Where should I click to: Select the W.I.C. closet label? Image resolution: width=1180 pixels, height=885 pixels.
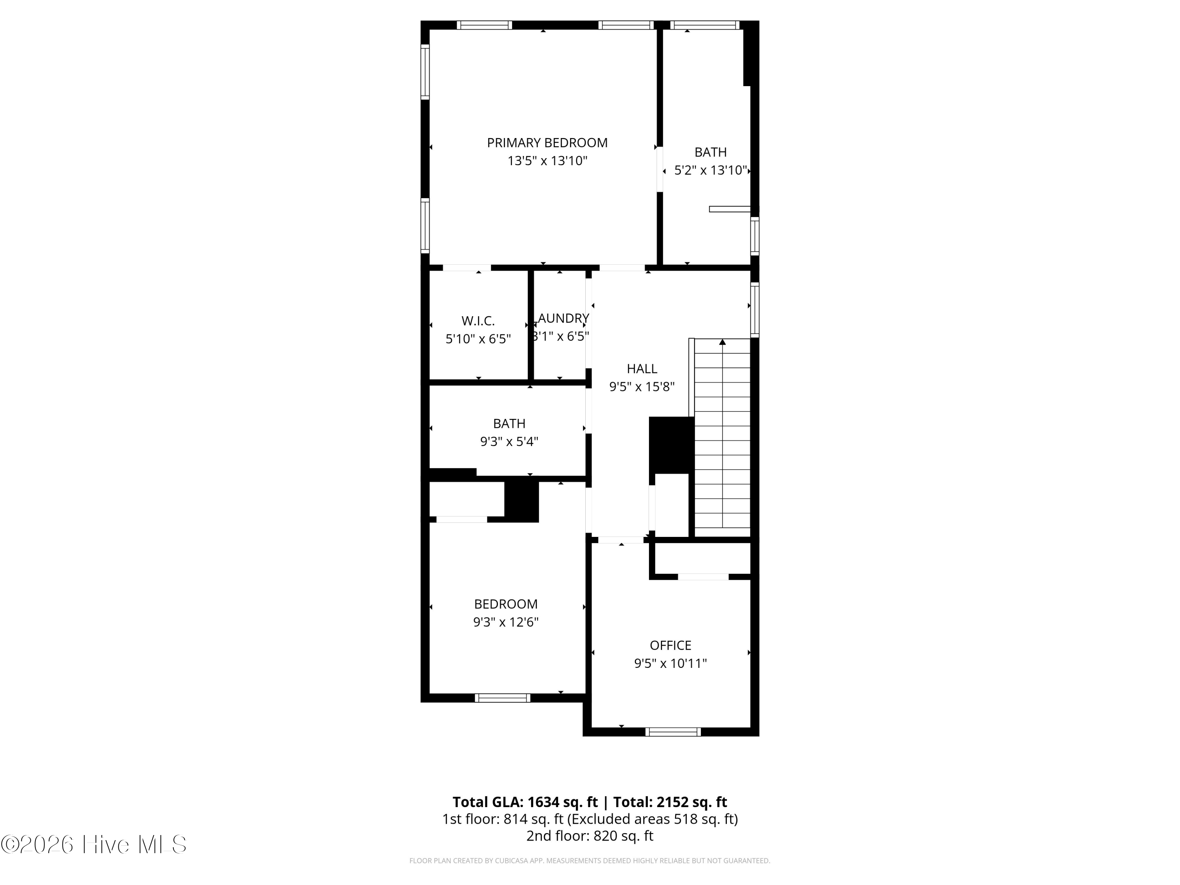(x=478, y=321)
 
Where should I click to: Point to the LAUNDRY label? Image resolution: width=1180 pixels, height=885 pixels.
(x=563, y=319)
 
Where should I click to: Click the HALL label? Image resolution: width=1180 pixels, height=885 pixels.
(x=642, y=369)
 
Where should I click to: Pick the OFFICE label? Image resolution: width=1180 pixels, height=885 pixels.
(x=671, y=645)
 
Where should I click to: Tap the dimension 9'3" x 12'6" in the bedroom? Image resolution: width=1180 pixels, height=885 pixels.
(x=506, y=622)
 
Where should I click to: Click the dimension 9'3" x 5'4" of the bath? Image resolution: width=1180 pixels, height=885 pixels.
(x=509, y=442)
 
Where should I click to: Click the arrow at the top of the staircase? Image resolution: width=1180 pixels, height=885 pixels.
(x=722, y=342)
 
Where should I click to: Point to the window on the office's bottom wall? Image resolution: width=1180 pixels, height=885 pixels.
(x=673, y=732)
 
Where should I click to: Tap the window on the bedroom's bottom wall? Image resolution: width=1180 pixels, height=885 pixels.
(x=503, y=698)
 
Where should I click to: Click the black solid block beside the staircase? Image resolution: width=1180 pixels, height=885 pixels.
(x=671, y=445)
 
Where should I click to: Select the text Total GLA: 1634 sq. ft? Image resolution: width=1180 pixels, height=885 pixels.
(x=525, y=802)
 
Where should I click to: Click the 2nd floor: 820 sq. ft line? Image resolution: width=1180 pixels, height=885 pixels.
(x=590, y=836)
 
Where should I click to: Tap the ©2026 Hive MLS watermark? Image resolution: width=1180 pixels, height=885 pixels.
(x=94, y=844)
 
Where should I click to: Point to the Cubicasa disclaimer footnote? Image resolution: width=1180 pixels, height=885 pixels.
(x=590, y=861)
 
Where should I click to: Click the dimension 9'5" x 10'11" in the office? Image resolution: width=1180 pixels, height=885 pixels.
(x=671, y=663)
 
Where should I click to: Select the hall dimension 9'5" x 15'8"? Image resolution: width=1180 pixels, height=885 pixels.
(x=642, y=387)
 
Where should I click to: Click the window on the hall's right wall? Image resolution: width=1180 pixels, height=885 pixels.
(x=755, y=310)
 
